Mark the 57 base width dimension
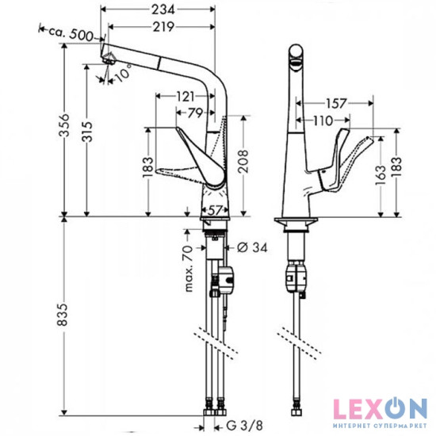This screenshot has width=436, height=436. [x=214, y=210]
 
